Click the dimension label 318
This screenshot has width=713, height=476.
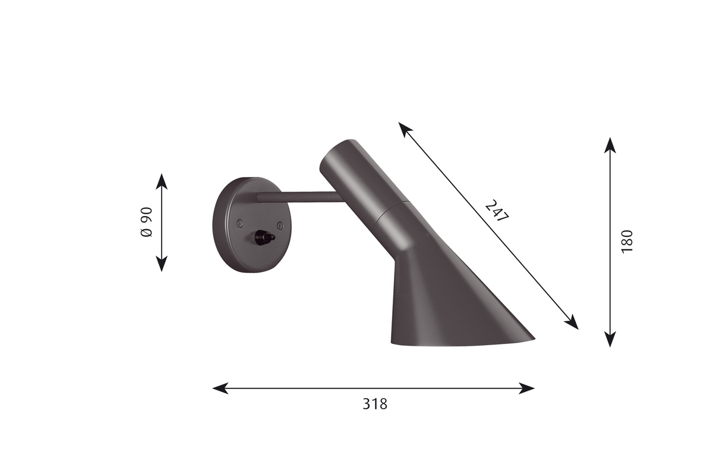click(375, 404)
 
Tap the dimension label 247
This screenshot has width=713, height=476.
click(497, 211)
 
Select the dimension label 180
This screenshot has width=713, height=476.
click(627, 242)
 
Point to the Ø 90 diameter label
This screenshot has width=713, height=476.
click(146, 222)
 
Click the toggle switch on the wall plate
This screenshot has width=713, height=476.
click(264, 237)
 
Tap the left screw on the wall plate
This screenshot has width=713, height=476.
click(241, 224)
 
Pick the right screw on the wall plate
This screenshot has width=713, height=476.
click(280, 226)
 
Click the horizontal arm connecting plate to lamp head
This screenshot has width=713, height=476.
click(301, 197)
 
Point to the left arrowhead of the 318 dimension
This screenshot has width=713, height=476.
click(220, 389)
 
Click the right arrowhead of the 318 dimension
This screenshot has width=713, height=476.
click(526, 389)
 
